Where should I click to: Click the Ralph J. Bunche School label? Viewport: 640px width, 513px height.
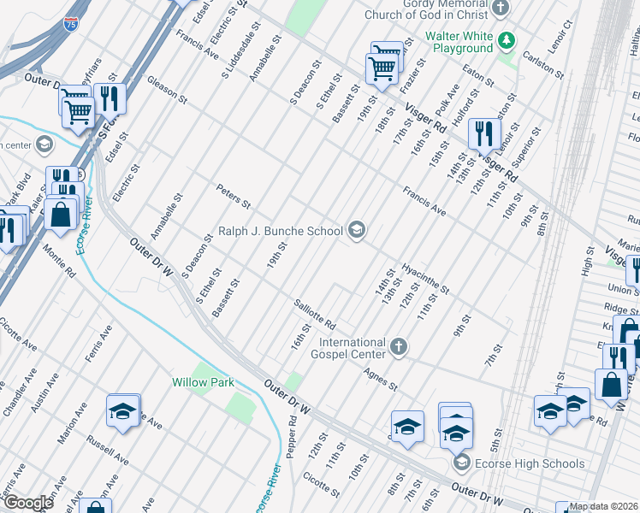click(280, 230)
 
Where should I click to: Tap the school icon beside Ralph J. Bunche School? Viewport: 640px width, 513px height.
click(357, 229)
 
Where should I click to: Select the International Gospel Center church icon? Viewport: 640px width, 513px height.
click(397, 346)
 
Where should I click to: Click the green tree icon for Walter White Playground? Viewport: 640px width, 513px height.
click(507, 39)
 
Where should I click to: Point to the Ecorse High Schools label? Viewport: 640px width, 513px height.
click(530, 464)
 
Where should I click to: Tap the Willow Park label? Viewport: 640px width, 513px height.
click(203, 382)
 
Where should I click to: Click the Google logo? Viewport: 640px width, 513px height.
click(28, 503)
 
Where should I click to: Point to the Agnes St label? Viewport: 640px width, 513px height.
click(381, 379)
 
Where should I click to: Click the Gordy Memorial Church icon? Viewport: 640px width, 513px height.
click(501, 7)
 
